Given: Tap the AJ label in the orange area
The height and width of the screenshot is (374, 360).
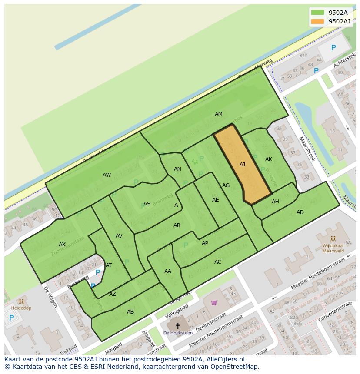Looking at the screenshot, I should click(x=242, y=165).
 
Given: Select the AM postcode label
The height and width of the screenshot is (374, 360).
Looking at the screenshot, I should click(x=218, y=114).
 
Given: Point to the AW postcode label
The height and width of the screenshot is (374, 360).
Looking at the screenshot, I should click(x=107, y=175).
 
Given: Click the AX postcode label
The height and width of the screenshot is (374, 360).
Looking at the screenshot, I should click(x=62, y=245).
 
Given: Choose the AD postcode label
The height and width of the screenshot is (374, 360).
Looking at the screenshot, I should click(x=300, y=212).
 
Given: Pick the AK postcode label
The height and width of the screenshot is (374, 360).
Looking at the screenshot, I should click(x=268, y=159).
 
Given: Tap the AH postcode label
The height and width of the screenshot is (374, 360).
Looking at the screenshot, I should click(x=275, y=202).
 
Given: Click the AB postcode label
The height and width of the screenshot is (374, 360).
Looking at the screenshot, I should click(x=130, y=312).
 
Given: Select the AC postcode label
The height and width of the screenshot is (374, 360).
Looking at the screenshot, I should click(x=218, y=262).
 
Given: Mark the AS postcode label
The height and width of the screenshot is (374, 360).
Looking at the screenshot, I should click(x=147, y=204).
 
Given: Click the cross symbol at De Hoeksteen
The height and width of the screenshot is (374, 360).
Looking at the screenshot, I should click(x=177, y=325).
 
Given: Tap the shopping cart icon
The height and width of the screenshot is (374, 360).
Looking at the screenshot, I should click(x=214, y=302).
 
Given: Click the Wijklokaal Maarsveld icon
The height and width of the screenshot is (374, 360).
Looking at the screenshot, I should click(x=333, y=238).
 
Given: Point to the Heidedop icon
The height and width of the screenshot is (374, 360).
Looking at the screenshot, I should click(x=21, y=301).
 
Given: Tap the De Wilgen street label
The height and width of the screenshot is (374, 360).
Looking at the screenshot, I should click(x=50, y=297).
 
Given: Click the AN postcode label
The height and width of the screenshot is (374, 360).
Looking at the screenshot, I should click(x=177, y=169).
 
